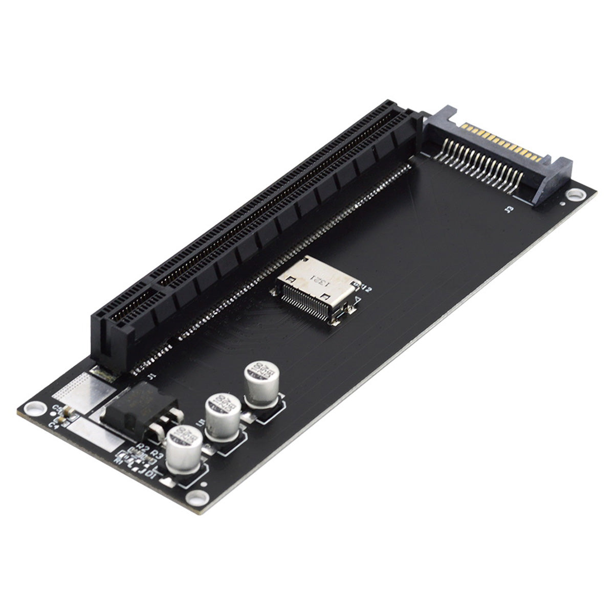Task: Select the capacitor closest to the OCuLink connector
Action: click(x=260, y=382)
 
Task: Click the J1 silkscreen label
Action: click(x=150, y=377)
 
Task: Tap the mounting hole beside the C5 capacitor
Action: click(x=34, y=408)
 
